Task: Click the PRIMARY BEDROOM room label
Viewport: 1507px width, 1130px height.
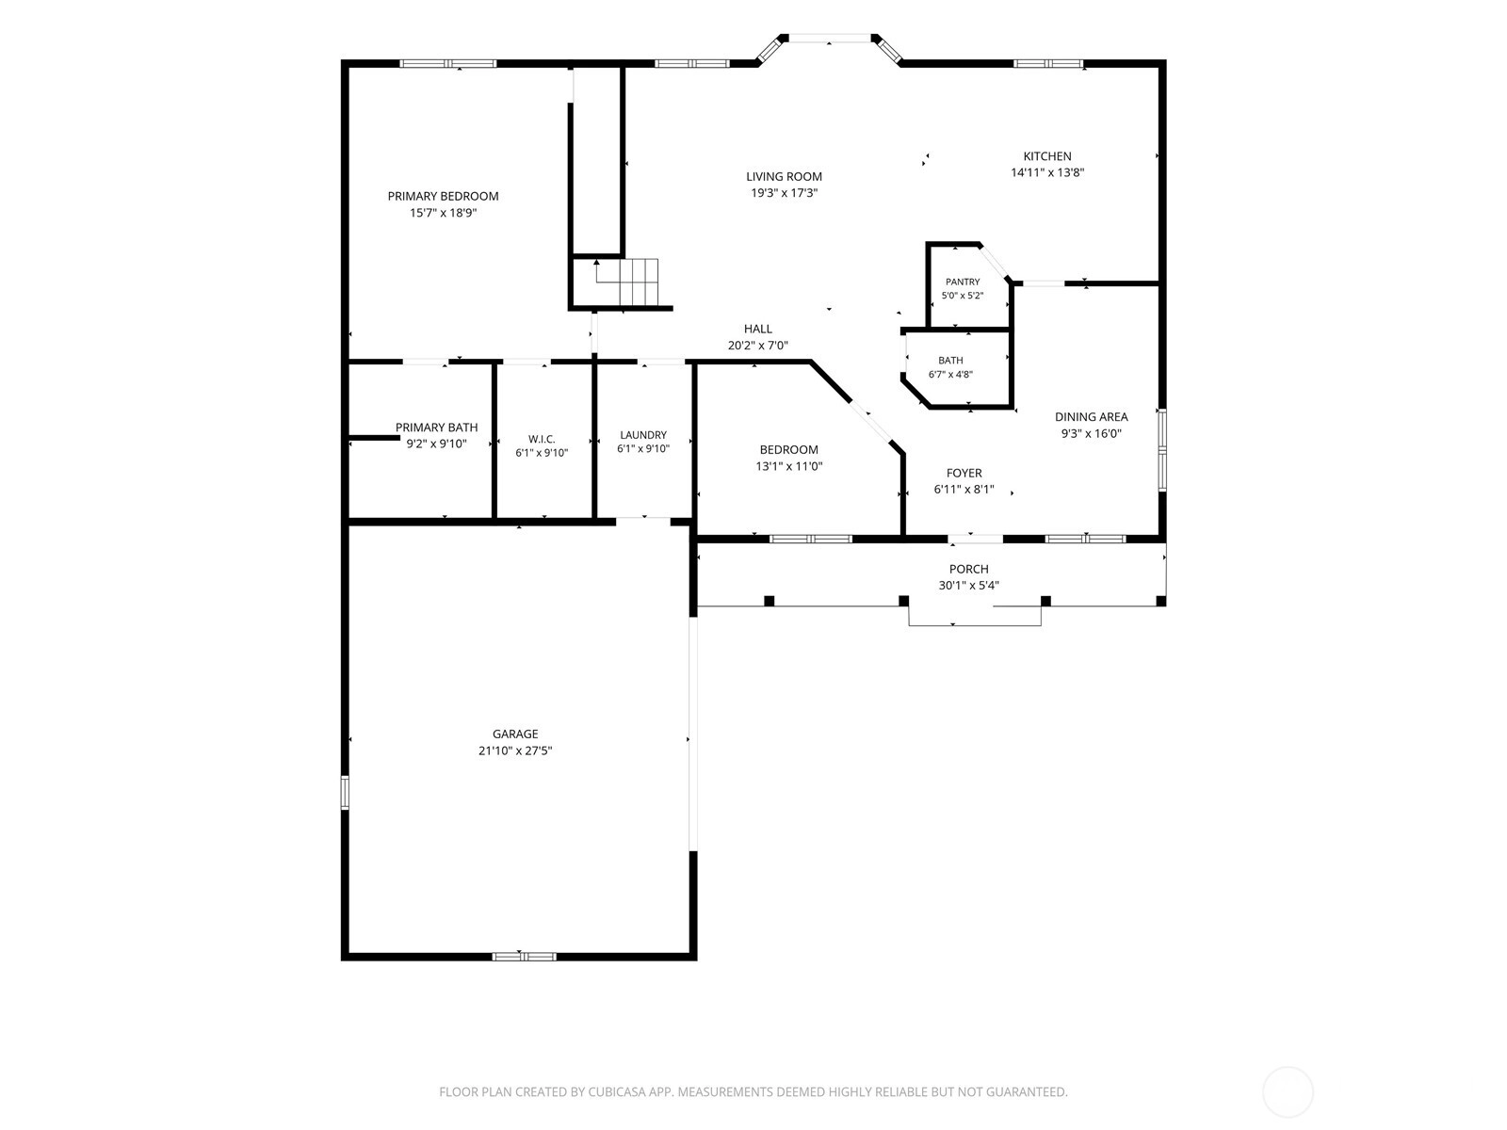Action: (443, 196)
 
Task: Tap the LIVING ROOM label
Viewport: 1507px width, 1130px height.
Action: (784, 176)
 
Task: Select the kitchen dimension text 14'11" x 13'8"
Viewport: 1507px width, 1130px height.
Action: (1047, 173)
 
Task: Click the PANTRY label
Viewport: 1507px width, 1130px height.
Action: (963, 282)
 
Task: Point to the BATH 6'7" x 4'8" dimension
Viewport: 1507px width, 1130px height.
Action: (951, 375)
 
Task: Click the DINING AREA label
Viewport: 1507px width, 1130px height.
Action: (1091, 416)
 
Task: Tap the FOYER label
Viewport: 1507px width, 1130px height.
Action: (964, 473)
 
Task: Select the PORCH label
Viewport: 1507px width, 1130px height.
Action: (969, 569)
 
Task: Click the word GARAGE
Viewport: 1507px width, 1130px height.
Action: (515, 734)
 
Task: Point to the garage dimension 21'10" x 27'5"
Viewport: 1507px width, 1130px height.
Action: (515, 751)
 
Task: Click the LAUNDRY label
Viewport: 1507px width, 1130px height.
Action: (643, 435)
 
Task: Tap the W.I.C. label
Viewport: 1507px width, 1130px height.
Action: (542, 439)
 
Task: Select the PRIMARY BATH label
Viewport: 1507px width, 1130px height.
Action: (437, 428)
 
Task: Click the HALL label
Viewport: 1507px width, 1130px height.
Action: (758, 329)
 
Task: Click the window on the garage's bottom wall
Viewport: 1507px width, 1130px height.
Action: (524, 956)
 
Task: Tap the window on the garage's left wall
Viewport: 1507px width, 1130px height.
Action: (345, 793)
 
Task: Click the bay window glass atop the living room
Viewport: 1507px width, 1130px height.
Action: (830, 39)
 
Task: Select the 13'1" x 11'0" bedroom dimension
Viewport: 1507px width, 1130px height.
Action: (789, 466)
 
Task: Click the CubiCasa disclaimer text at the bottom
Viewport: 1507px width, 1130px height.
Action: (753, 1092)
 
